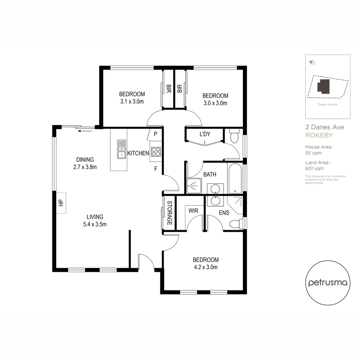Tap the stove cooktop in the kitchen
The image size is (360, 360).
click(x=156, y=152)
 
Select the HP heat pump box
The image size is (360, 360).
click(x=61, y=203)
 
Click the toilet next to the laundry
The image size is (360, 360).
click(x=234, y=136)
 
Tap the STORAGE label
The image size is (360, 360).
click(x=169, y=213)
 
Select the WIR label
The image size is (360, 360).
click(x=193, y=211)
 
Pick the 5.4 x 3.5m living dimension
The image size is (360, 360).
click(x=95, y=224)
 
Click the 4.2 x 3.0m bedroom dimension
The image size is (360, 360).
click(x=206, y=267)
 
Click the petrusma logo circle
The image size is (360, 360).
click(x=328, y=283)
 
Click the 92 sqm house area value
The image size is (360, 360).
click(x=313, y=153)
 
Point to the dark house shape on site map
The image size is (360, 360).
click(x=323, y=86)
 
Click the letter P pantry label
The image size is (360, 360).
click(x=155, y=134)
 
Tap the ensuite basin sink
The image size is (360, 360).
click(x=213, y=201)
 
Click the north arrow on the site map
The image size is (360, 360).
click(x=312, y=62)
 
